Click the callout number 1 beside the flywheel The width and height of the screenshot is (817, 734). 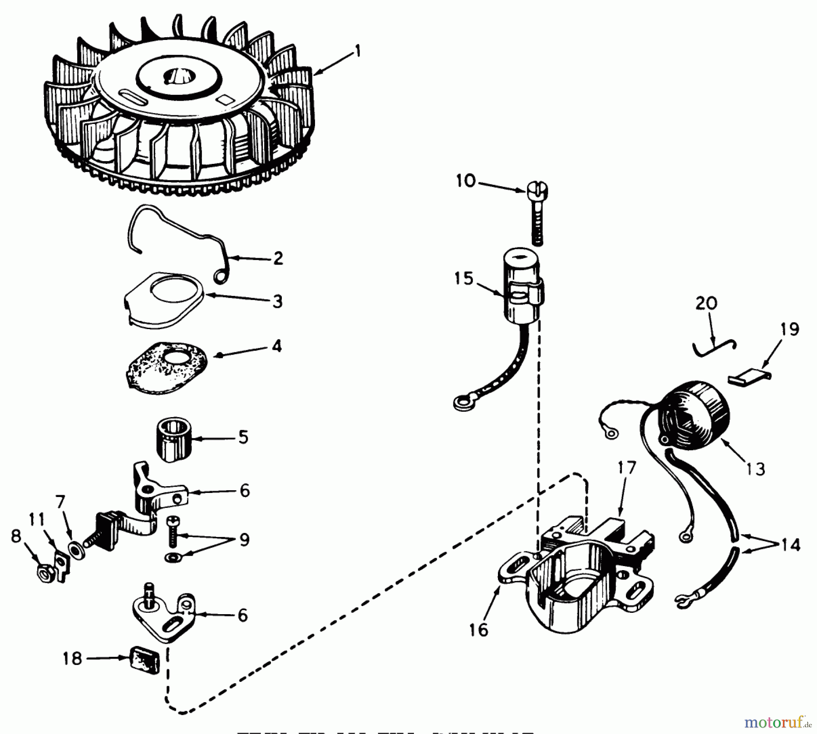358,51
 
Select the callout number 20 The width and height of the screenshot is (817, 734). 706,303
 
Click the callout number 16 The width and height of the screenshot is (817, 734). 478,630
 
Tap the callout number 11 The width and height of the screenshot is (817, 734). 37,519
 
